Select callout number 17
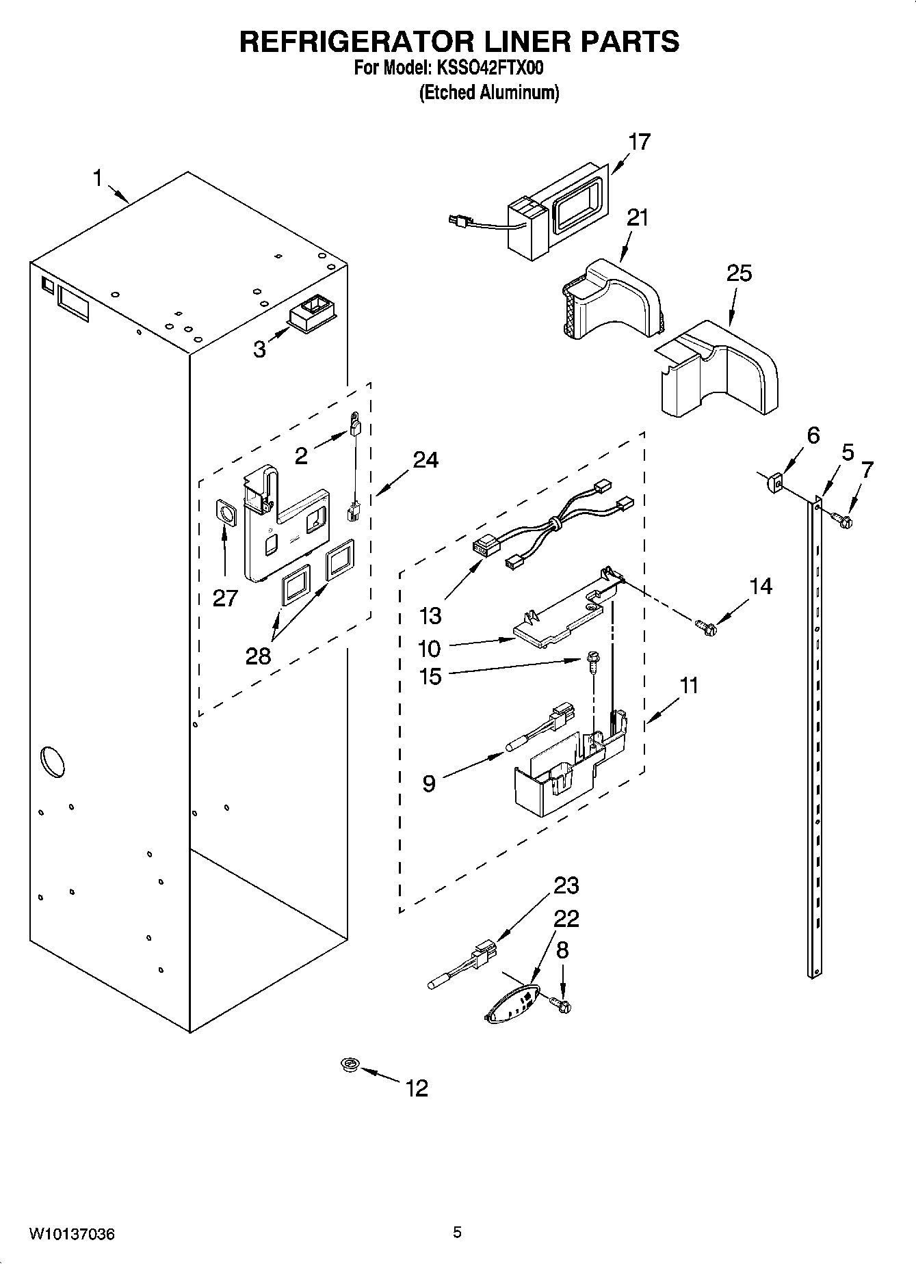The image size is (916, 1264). (x=639, y=142)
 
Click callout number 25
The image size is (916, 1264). (x=739, y=273)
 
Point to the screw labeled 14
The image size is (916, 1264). (x=704, y=626)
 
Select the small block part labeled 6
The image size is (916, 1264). (x=774, y=484)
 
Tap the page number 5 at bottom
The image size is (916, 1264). (x=457, y=1232)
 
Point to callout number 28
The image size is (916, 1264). (x=258, y=656)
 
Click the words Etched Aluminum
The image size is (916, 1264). (x=488, y=92)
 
